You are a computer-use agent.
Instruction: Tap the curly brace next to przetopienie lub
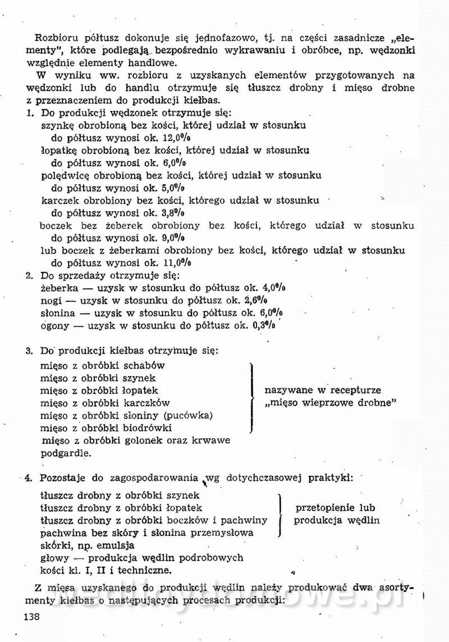coord(280,514)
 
